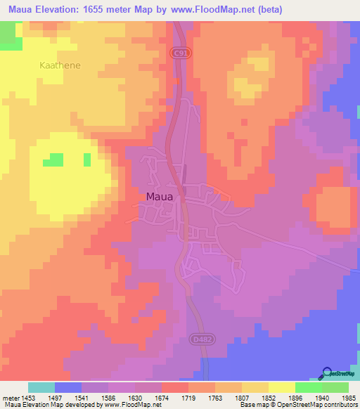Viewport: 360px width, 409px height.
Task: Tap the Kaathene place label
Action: click(60, 65)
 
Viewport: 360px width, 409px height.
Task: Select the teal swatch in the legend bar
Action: click(41, 387)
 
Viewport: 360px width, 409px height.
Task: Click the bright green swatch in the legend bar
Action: click(308, 387)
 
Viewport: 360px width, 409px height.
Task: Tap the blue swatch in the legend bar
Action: click(67, 387)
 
